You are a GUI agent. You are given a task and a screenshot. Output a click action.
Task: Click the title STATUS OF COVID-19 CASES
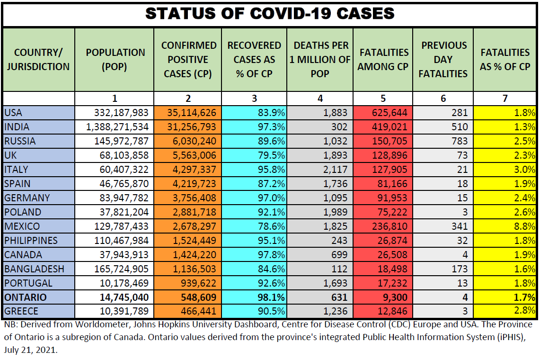point(270,14)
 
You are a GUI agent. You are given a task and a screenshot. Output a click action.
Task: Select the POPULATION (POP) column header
point(115,60)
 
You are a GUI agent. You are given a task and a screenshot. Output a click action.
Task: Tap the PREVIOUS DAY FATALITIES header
point(443,60)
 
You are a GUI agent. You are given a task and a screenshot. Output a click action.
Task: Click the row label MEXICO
point(22,226)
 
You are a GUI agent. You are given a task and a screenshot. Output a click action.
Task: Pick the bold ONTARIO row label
point(26,297)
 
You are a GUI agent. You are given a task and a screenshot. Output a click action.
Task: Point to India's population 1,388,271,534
point(117,127)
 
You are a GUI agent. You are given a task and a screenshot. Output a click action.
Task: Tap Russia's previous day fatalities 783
point(459,141)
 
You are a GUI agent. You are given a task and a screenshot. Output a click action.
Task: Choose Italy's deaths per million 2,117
point(334,170)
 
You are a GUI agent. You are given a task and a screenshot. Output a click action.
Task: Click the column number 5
point(383,99)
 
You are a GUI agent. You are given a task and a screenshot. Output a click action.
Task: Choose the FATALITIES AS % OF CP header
point(505,60)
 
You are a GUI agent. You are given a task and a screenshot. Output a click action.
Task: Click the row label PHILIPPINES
point(31,241)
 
